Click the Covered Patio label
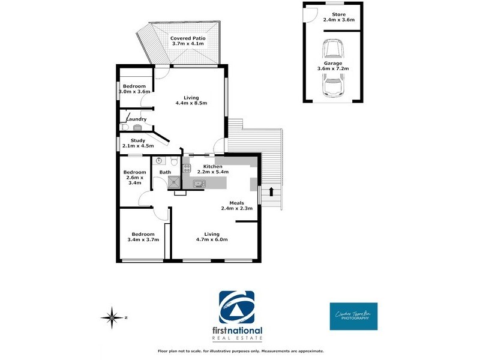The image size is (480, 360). tap(184, 38)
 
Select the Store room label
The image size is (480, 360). tap(339, 14)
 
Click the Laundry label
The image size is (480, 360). tap(136, 119)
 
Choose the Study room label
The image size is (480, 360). tap(138, 140)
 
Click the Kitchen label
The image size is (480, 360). tap(212, 166)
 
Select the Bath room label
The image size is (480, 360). tap(164, 173)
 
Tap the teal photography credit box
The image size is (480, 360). tap(353, 316)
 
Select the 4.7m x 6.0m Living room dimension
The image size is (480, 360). tap(211, 239)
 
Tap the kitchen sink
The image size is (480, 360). tap(199, 183)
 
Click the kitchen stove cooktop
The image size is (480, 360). tap(187, 168)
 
